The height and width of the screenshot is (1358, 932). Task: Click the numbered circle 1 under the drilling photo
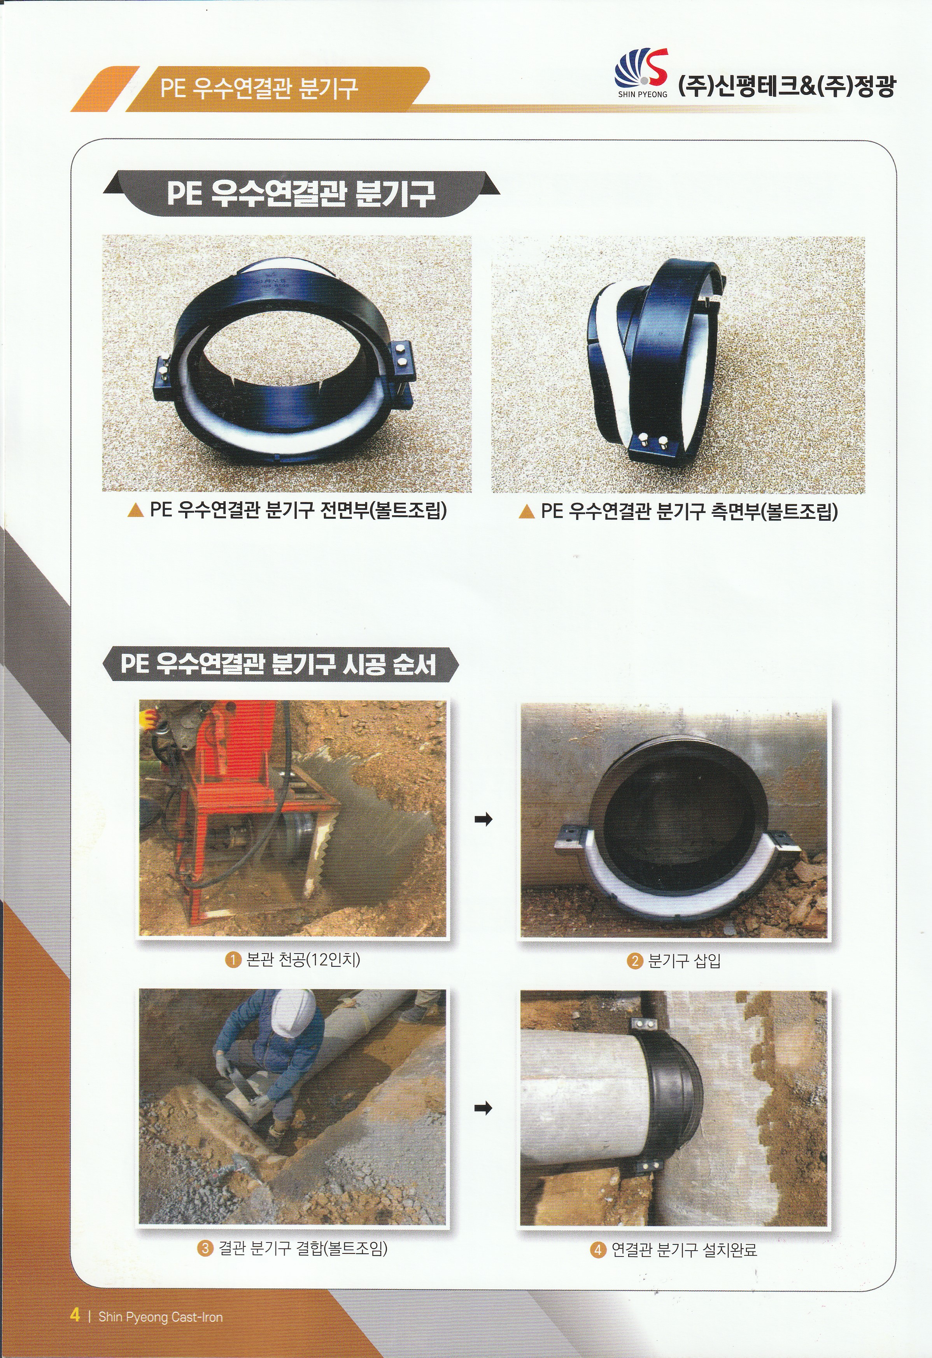point(233,959)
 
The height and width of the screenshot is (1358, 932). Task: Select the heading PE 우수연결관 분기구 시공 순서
point(279,664)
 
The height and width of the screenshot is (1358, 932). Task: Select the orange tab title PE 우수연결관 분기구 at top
point(259,88)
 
